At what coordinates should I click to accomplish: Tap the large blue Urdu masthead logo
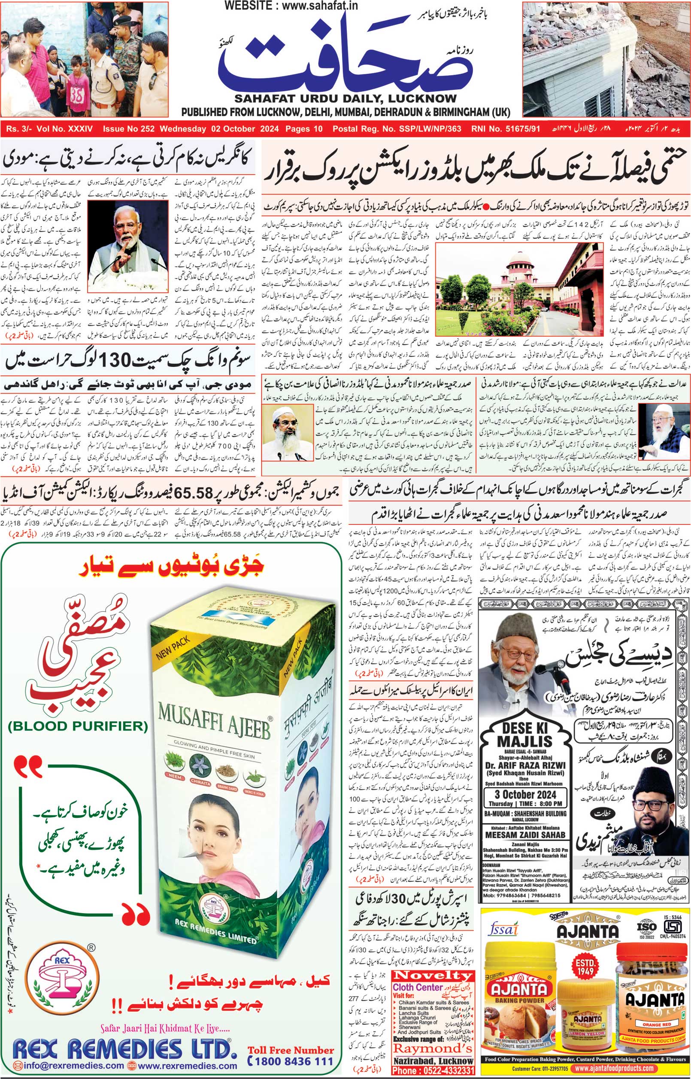(x=345, y=56)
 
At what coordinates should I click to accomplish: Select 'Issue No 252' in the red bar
(x=128, y=129)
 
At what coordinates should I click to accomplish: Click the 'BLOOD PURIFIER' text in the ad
(x=78, y=725)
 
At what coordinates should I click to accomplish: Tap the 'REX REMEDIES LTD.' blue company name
(x=125, y=1050)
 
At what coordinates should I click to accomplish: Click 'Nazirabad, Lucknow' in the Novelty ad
(x=433, y=1061)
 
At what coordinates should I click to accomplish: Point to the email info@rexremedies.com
(x=69, y=1066)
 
